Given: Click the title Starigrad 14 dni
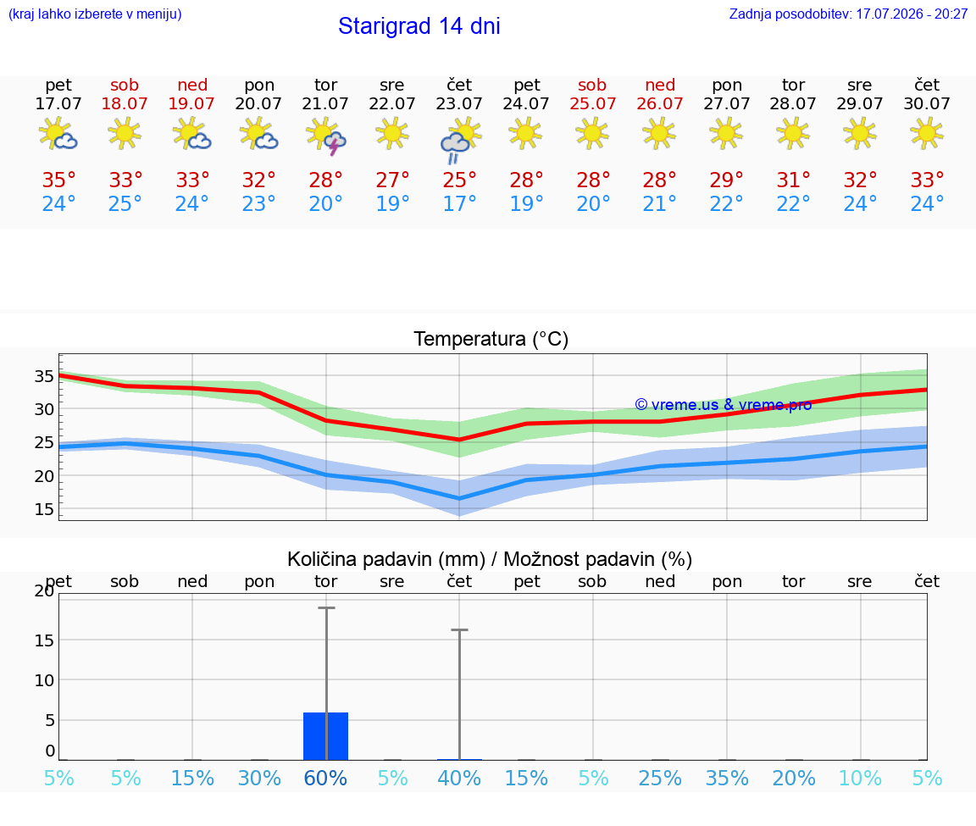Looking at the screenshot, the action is [x=419, y=26].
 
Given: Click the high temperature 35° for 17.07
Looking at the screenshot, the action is [x=58, y=180].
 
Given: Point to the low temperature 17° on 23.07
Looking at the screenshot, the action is [x=459, y=203].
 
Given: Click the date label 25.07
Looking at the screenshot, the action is [x=592, y=103].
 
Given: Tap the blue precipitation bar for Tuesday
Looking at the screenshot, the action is [x=325, y=735].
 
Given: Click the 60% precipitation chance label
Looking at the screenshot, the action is [x=325, y=778].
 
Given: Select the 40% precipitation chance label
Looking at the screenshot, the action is [x=459, y=778].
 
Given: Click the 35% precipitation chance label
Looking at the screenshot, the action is [x=727, y=778].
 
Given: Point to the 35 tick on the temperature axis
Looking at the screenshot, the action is [x=44, y=376].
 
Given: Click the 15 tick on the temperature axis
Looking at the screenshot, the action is [x=44, y=509].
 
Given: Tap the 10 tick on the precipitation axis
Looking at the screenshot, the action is [x=44, y=679].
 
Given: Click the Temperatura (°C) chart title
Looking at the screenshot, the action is [x=491, y=339].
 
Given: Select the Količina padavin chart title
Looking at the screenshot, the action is [x=490, y=559].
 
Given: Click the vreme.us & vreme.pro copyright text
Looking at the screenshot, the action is [x=724, y=405].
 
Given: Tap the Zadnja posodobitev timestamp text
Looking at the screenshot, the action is [x=848, y=14].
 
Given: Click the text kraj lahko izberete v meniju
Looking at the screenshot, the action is [x=95, y=14].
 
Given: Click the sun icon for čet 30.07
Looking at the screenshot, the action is [x=927, y=133].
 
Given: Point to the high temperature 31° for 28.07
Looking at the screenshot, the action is [x=794, y=180].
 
